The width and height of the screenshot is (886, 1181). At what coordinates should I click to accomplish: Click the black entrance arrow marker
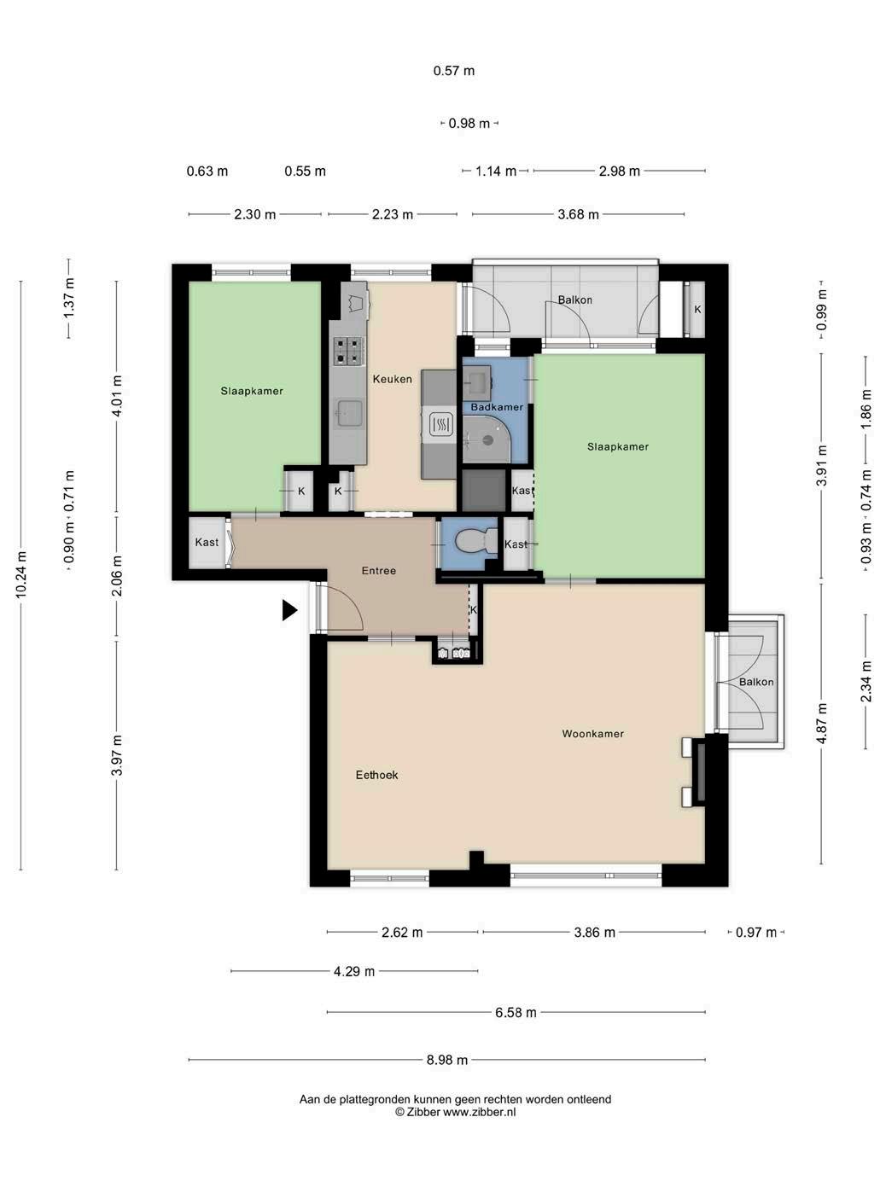coord(289,611)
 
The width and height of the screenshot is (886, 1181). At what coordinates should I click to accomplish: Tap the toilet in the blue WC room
coord(476,540)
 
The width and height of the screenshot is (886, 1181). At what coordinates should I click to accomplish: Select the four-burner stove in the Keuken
coord(348,351)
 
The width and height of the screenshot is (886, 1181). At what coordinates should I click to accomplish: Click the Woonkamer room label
coord(593,733)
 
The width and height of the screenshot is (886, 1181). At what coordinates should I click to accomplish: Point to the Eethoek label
coord(376,775)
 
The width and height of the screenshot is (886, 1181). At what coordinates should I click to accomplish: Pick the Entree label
coord(379,571)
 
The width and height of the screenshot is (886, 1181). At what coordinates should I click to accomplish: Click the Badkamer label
coord(497,407)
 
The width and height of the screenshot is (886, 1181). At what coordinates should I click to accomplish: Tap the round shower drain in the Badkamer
coord(487,440)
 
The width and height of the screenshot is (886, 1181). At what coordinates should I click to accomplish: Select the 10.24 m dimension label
coord(21,574)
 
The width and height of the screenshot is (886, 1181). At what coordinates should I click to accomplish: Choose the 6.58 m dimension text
coord(516,1013)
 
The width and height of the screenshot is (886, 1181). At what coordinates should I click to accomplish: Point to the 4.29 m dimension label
coord(354,971)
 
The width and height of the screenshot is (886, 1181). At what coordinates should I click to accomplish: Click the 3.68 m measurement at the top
coord(578,215)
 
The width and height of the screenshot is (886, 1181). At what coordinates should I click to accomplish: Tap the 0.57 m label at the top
coord(454,71)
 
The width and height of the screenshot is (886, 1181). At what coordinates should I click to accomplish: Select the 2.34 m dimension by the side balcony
coord(866,682)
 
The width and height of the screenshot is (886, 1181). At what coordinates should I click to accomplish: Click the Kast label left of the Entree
coord(207,542)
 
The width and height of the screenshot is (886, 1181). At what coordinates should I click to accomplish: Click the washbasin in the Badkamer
coord(476,380)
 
